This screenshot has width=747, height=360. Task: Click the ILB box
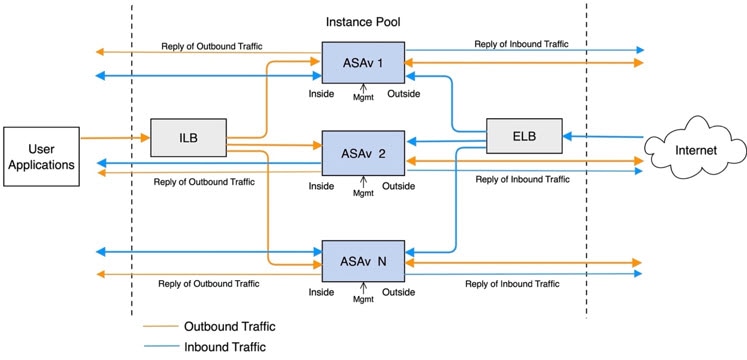click(x=189, y=138)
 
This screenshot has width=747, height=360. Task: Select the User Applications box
click(x=40, y=156)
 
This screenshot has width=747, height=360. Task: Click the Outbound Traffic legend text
click(x=230, y=326)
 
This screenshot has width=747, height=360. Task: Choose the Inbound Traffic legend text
click(x=227, y=347)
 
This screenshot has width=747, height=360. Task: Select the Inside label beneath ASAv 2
click(x=321, y=185)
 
